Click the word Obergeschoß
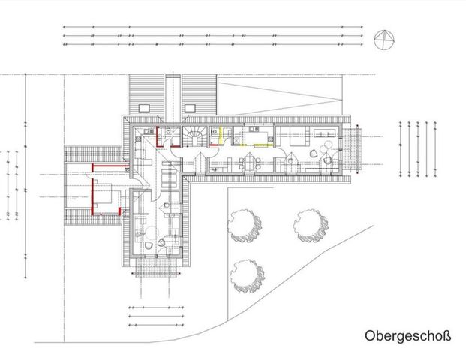click(x=408, y=335)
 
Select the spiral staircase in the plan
click(x=194, y=137)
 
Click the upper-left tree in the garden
click(x=245, y=225)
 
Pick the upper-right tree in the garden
click(x=310, y=225)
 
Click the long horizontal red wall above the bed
click(x=107, y=164)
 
